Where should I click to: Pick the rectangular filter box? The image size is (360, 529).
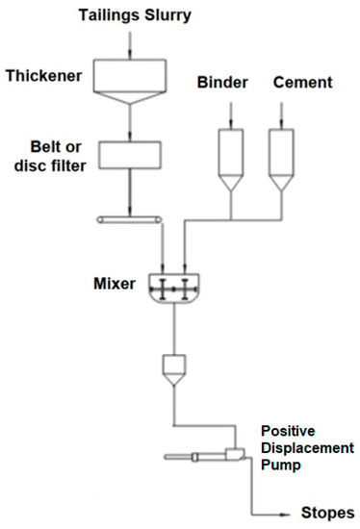point(128,154)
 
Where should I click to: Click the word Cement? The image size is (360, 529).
point(303,84)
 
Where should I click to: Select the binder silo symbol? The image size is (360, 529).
point(231,154)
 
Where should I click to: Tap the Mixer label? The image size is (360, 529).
point(115,284)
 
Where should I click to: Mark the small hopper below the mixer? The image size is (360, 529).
point(173,367)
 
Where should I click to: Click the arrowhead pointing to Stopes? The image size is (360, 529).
point(285,513)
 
